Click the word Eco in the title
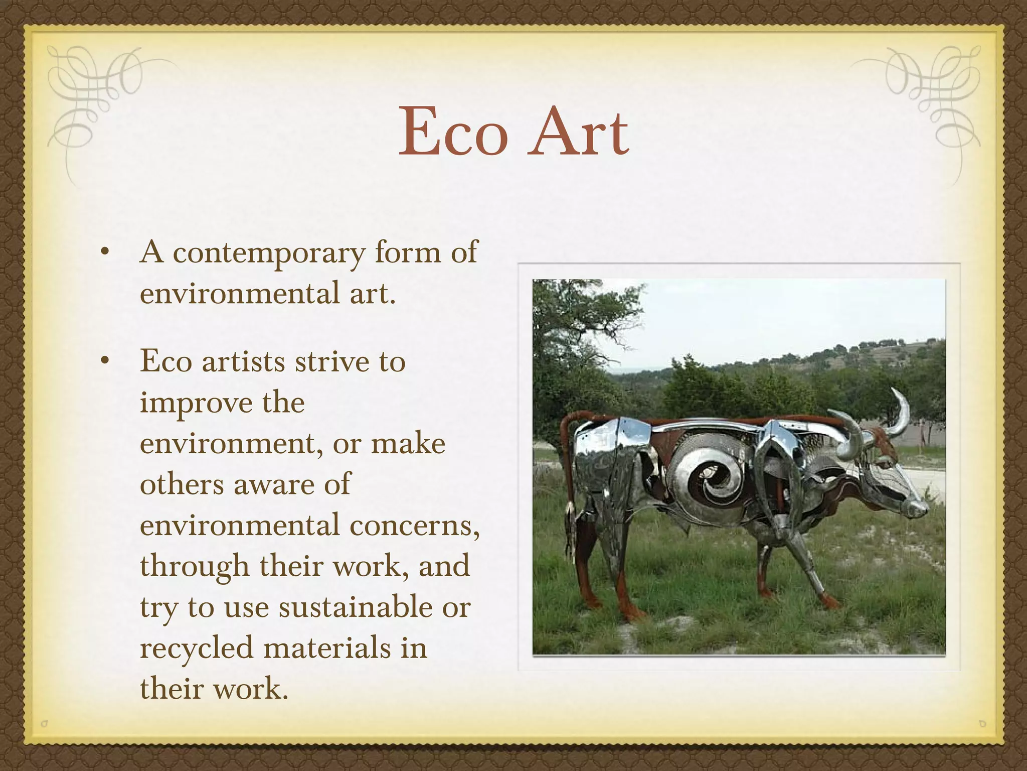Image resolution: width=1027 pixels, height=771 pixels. pyautogui.click(x=453, y=133)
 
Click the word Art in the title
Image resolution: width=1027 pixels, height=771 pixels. pyautogui.click(x=578, y=133)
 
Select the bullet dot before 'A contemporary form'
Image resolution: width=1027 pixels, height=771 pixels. pyautogui.click(x=104, y=252)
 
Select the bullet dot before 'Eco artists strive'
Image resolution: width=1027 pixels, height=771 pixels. pyautogui.click(x=104, y=360)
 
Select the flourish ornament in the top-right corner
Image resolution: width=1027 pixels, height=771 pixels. pyautogui.click(x=933, y=95)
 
